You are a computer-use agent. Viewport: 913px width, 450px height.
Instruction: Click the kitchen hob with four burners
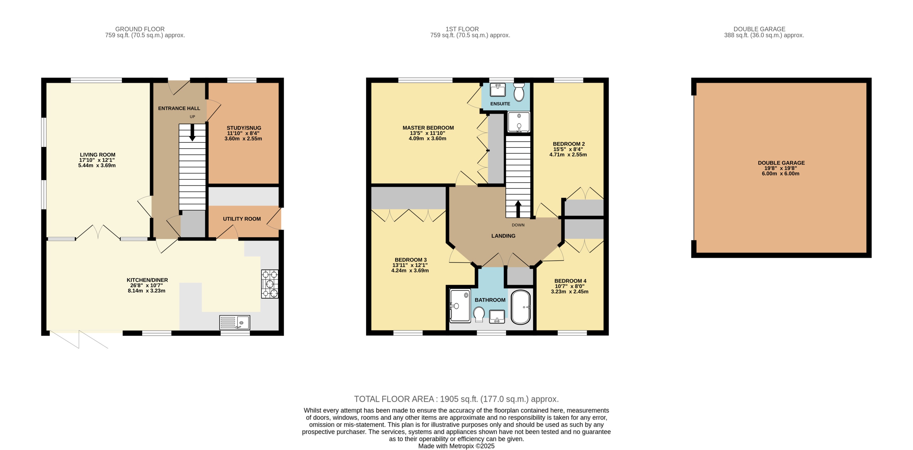270,284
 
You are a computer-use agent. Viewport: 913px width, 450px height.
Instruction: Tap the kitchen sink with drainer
235,322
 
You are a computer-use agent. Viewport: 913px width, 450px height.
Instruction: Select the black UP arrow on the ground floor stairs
192,133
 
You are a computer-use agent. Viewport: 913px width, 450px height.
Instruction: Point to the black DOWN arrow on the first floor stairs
518,209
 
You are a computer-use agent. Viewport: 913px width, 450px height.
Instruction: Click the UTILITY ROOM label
242,219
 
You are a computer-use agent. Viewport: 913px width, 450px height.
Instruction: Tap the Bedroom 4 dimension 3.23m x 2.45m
569,292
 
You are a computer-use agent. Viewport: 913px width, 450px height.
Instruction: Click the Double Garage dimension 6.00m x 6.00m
780,174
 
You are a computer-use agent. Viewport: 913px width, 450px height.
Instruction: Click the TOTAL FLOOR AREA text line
456,399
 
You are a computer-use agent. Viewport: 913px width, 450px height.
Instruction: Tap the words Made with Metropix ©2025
456,446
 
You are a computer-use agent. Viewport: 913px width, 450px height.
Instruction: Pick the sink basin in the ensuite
498,90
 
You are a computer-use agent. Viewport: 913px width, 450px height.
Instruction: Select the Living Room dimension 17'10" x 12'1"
97,160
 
